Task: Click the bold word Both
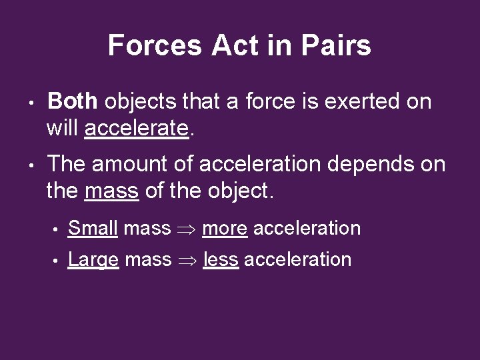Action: pos(73,101)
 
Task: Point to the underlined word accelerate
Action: pos(137,128)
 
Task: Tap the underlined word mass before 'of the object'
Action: pos(112,191)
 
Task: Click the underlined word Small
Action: pos(93,228)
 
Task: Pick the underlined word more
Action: pos(225,228)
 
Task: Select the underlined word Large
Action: pos(94,259)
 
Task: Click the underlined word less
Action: pos(221,259)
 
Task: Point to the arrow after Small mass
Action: pos(187,229)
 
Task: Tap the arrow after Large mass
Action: pos(187,259)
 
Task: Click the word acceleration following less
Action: pos(297,259)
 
